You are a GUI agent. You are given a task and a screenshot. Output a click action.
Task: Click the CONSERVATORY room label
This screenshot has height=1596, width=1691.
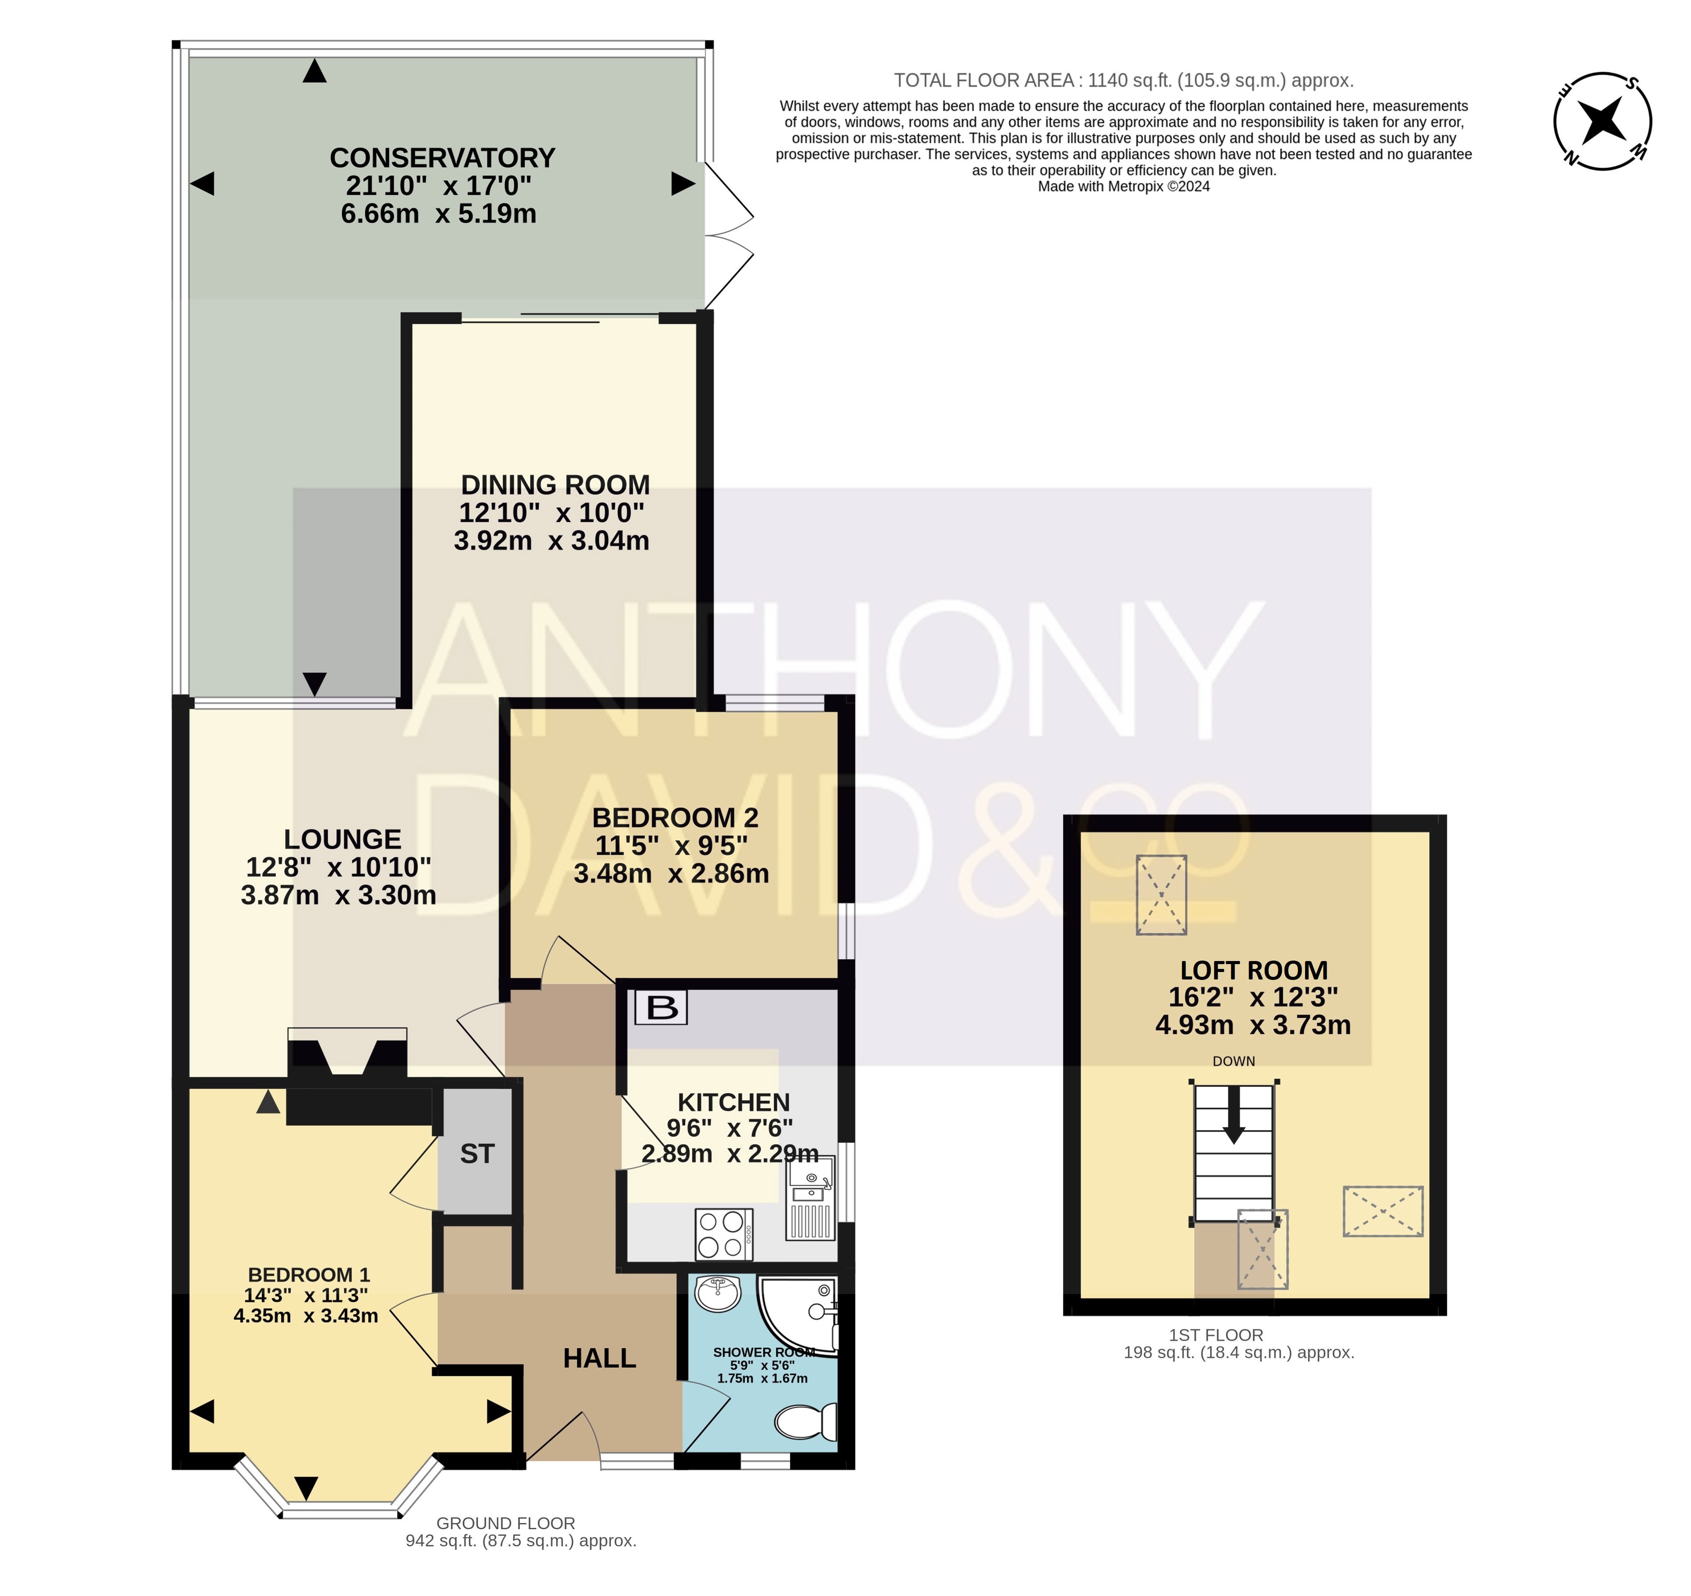click(x=443, y=158)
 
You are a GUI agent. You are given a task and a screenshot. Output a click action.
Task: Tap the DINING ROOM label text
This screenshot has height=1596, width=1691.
click(x=555, y=485)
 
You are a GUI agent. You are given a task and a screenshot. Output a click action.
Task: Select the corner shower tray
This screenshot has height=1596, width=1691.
click(x=798, y=1316)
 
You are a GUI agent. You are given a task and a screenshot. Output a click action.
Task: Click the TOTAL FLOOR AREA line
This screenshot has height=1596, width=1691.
click(x=1124, y=81)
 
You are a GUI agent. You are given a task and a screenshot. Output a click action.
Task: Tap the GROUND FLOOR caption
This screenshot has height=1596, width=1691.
click(x=506, y=1523)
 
